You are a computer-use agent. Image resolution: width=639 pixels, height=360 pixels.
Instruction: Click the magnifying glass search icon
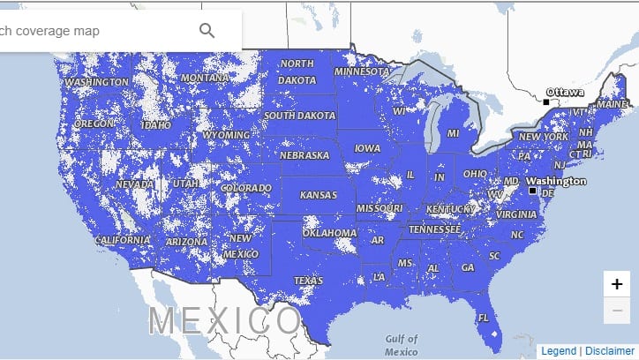207,31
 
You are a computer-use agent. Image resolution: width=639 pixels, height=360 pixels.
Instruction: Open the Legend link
558,350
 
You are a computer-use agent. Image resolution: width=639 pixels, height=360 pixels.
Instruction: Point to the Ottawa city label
565,92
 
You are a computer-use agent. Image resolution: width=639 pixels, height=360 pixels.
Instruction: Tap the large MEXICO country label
224,319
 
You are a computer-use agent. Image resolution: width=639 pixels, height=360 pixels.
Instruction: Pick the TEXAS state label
309,281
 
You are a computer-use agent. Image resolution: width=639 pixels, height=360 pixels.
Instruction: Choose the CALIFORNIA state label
123,240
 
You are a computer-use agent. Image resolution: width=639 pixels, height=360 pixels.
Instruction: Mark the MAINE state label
613,103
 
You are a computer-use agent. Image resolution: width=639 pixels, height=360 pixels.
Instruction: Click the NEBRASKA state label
304,155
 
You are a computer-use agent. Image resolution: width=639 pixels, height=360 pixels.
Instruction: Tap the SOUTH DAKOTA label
299,116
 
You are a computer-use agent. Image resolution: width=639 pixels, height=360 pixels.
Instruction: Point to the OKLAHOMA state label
329,233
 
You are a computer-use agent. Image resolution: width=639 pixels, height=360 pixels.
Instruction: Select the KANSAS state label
318,194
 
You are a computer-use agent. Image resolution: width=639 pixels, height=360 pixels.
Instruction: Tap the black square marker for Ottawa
546,102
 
